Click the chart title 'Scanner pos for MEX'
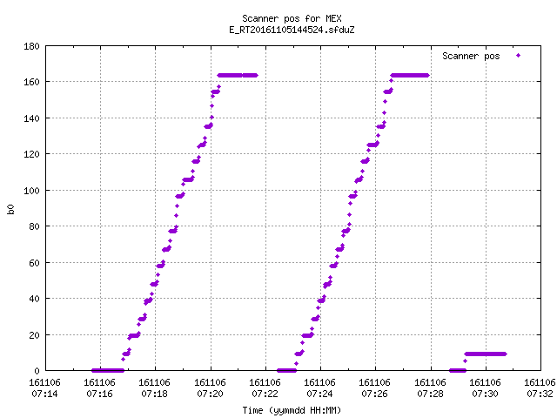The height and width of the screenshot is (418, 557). tap(292, 18)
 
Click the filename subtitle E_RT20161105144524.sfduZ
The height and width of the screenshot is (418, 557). tap(292, 30)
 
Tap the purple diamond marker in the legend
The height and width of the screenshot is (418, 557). tap(519, 56)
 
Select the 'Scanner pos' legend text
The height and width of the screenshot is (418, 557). tap(471, 56)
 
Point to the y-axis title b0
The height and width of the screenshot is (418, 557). tap(10, 209)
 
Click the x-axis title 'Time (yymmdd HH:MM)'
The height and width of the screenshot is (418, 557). tap(292, 410)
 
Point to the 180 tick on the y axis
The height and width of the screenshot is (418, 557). tap(31, 46)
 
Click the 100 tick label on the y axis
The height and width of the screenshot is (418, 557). tap(31, 191)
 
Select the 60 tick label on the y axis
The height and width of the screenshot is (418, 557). tap(34, 263)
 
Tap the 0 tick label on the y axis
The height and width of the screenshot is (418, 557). tap(37, 371)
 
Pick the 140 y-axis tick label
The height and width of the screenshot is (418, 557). tap(31, 118)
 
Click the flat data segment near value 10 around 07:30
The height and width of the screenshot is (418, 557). tap(486, 354)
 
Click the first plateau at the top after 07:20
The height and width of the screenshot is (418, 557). tap(238, 76)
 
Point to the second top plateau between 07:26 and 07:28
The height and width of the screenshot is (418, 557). tap(410, 76)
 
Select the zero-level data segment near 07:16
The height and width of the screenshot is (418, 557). tap(108, 370)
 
